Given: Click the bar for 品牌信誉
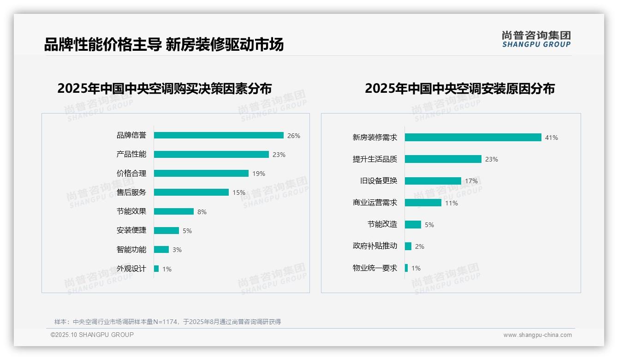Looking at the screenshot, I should coord(219,135).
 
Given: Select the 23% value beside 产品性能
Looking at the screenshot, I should coord(279,155).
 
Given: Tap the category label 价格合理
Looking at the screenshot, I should coord(131,174).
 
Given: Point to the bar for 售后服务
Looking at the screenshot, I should coord(191,192).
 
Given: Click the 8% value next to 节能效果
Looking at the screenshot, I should coord(202,212).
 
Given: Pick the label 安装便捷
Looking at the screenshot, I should coord(131,230).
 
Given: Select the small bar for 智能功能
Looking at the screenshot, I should coord(161,250).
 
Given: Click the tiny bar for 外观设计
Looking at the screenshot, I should coord(156,269).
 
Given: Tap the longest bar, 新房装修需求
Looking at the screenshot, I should coord(473,138).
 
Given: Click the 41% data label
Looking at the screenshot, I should coord(551,138).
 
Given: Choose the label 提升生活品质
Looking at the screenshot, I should coord(374,159).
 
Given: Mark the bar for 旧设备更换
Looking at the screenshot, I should coord(433,181).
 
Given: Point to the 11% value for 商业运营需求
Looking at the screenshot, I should coord(451,203).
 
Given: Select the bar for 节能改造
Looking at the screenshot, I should coord(413,225).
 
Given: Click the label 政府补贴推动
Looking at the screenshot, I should coord(374,246).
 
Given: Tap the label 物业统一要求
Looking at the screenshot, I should coord(374,268).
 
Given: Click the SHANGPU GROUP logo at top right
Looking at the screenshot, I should coord(536,39).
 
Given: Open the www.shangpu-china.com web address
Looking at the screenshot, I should coord(537,335).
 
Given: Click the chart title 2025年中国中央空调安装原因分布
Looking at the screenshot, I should coord(459,88).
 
